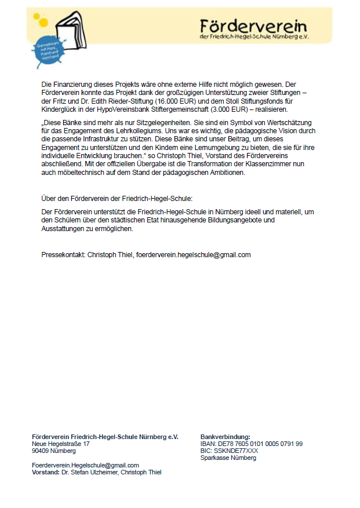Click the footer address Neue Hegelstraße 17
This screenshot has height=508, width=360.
coord(61,444)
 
